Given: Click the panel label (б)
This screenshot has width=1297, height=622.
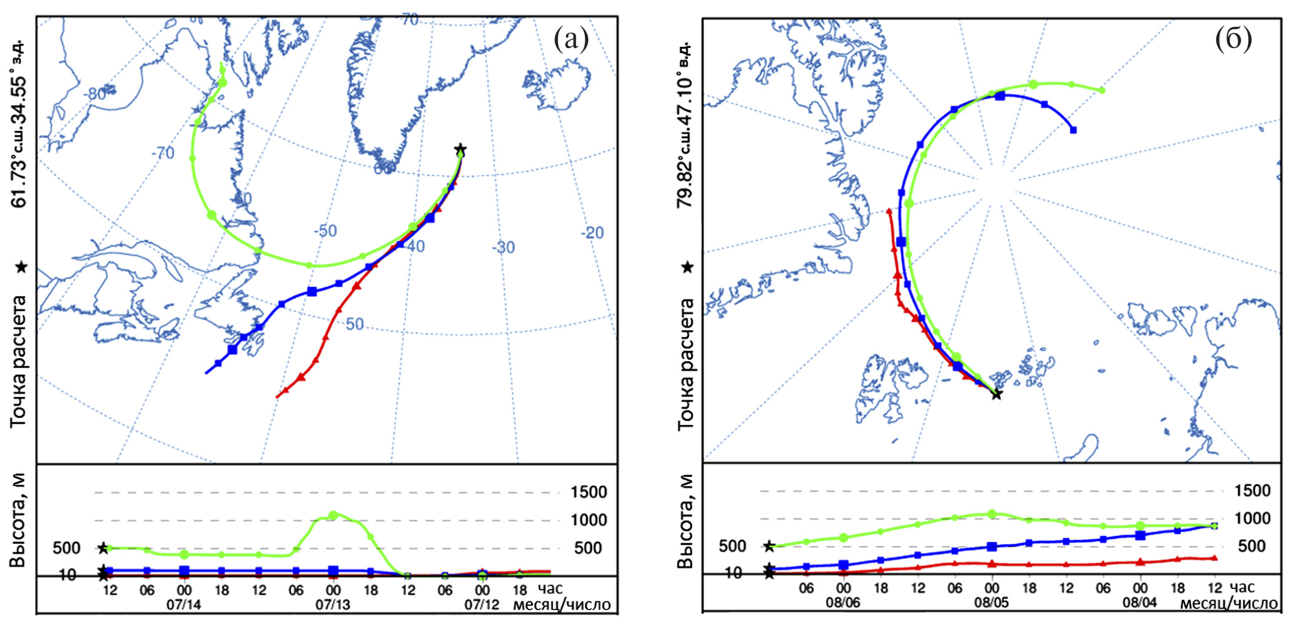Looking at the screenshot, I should [1233, 39].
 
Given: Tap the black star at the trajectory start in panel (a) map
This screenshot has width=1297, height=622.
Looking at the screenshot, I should [460, 150].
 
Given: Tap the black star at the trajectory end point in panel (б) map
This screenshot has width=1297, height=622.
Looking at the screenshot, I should [996, 394].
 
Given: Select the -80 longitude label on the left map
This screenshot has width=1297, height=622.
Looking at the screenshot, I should [96, 94].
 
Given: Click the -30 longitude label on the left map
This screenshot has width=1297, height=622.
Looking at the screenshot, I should [503, 248].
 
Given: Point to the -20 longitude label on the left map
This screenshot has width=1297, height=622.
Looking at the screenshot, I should [592, 233].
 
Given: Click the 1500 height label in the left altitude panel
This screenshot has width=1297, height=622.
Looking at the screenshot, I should [589, 492].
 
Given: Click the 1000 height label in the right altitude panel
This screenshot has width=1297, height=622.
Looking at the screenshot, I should [1252, 518].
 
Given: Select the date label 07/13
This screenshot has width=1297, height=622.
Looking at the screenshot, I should [333, 605].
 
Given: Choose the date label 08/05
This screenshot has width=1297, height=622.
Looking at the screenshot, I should [991, 603].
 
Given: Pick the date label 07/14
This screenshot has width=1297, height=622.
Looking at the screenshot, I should [184, 605].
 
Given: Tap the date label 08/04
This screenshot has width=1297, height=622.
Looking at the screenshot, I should [1140, 603].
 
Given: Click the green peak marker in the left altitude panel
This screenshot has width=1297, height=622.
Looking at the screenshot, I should [333, 515].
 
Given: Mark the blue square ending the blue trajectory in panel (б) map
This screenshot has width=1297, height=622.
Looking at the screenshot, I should [1073, 130].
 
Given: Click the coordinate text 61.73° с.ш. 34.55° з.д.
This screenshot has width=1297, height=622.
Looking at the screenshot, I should [19, 124].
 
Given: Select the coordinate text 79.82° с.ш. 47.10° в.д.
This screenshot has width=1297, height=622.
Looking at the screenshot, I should [685, 125].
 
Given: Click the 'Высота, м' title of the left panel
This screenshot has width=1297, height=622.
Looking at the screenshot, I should [19, 520].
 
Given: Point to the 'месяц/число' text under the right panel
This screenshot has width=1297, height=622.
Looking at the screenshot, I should [1228, 603].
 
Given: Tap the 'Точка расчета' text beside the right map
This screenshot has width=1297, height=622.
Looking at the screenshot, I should [686, 364].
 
